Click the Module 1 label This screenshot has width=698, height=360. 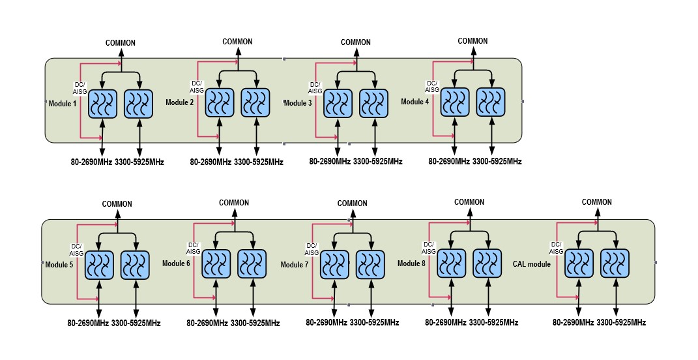pos(63,104)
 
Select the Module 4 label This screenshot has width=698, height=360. pos(415,102)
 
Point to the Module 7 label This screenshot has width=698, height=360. pos(295,265)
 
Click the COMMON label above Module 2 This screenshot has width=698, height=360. pos(238,42)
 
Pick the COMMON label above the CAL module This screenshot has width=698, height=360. pos(597,202)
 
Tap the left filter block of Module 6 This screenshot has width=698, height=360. pos(216,265)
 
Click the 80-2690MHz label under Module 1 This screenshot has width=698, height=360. pos(91,162)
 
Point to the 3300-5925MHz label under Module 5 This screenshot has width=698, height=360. pos(136,323)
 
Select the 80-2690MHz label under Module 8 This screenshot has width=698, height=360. pos(446,322)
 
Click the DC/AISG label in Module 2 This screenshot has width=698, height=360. pos(196,86)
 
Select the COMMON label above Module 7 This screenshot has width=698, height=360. pos(353,203)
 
